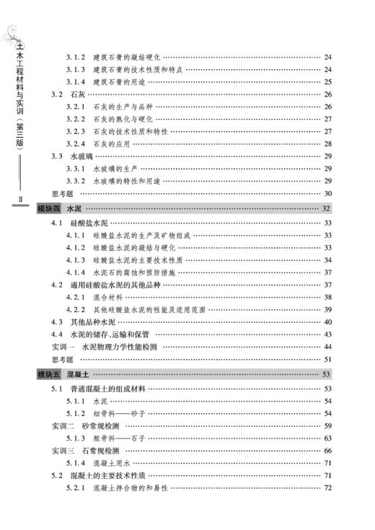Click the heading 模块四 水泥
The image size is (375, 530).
60,208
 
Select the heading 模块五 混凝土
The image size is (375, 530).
63,375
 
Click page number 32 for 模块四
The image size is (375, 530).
326,208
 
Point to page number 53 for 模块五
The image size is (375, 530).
326,375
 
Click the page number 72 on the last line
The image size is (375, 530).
327,488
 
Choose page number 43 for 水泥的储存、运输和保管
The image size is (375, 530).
327,335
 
